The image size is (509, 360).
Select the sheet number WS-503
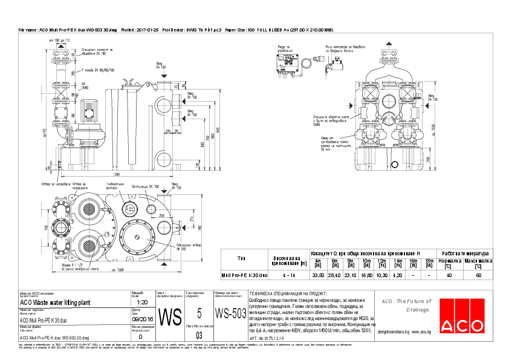[x=231, y=313]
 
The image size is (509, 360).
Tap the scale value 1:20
[x=143, y=302]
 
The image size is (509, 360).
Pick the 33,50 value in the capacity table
[x=317, y=275]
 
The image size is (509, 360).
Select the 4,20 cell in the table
[x=397, y=275]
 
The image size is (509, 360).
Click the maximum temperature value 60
[x=478, y=275]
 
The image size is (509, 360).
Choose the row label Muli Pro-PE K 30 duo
[x=241, y=275]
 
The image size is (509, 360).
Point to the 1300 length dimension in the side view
[x=115, y=174]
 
